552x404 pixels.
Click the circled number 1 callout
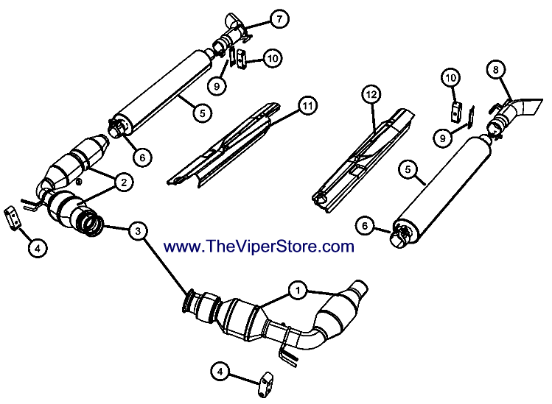pyautogui.click(x=298, y=291)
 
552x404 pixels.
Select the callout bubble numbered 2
pyautogui.click(x=124, y=182)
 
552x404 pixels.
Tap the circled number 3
pyautogui.click(x=138, y=231)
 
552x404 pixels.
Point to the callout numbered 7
pyautogui.click(x=279, y=18)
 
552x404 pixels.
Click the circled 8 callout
pyautogui.click(x=496, y=69)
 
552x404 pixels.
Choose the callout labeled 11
pyautogui.click(x=307, y=105)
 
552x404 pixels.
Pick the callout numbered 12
pyautogui.click(x=371, y=94)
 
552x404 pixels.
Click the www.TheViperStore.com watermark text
pyautogui.click(x=259, y=246)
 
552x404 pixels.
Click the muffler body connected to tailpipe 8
pyautogui.click(x=442, y=190)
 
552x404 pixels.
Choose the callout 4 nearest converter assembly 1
pyautogui.click(x=220, y=372)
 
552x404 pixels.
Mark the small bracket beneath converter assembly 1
pyautogui.click(x=265, y=384)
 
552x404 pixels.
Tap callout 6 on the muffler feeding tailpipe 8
pyautogui.click(x=365, y=225)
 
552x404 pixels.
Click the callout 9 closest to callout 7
pyautogui.click(x=217, y=85)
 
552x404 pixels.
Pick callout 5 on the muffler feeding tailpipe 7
pyautogui.click(x=203, y=113)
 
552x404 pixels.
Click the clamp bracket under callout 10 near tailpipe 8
pyautogui.click(x=456, y=111)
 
